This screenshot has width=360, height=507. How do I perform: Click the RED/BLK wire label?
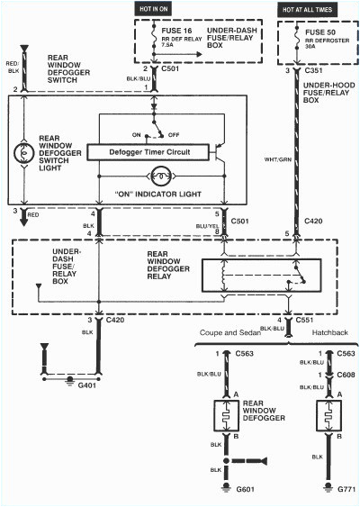click(13, 68)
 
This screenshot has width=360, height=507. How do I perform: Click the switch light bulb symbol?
click(24, 151)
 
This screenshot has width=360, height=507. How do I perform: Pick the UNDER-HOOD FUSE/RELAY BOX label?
click(325, 92)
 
